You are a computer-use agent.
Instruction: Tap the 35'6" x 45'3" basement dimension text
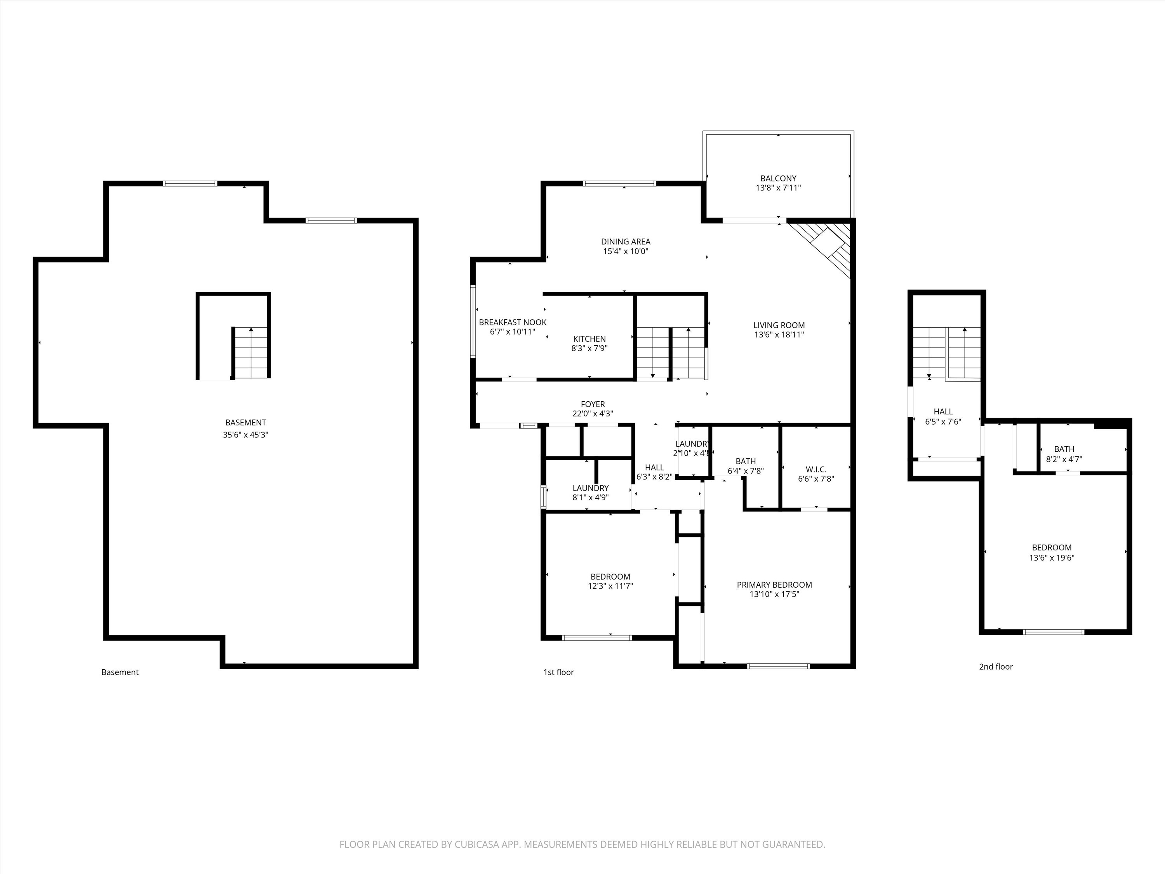[x=245, y=435]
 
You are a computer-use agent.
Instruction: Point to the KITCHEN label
[x=589, y=339]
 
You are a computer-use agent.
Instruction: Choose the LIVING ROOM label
[x=779, y=326]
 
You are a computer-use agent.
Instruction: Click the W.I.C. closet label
[x=816, y=469]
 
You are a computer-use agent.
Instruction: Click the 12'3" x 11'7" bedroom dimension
[x=610, y=586]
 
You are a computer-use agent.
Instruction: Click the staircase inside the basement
[x=251, y=352]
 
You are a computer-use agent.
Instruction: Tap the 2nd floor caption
[x=995, y=667]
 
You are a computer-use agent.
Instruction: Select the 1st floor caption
[x=558, y=672]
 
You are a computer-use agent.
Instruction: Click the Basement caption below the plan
[x=120, y=672]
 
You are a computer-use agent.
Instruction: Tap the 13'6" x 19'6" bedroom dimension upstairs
[x=1052, y=558]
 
